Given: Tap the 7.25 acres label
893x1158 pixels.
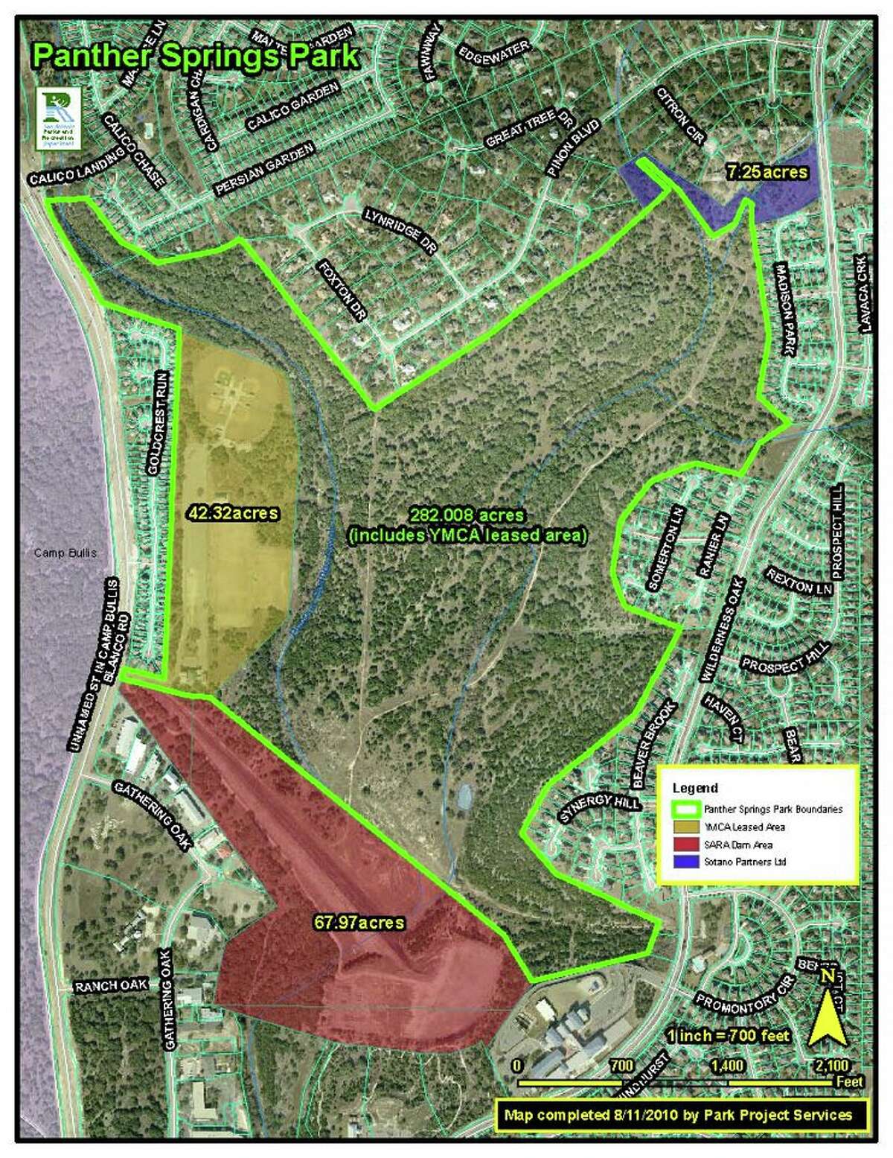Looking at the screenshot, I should click(x=767, y=172).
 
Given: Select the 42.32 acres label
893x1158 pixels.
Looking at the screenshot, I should click(x=233, y=513).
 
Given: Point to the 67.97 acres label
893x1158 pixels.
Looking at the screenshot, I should click(x=359, y=923).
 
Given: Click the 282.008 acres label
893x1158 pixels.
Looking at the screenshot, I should click(x=467, y=515).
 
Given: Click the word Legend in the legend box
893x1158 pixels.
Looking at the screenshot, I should click(x=695, y=788).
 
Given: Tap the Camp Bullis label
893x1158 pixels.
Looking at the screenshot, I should click(x=65, y=553).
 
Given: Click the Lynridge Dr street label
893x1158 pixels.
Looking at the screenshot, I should click(x=400, y=231).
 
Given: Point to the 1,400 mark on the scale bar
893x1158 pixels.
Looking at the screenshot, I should click(x=727, y=1066).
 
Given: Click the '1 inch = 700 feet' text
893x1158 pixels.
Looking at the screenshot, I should click(x=728, y=1035).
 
